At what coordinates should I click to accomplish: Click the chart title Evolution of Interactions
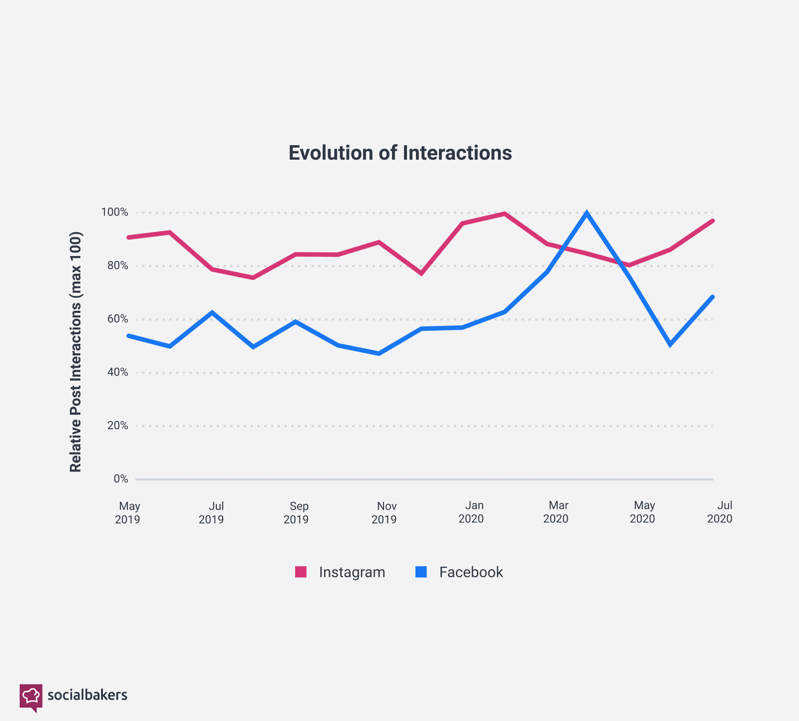coord(400,153)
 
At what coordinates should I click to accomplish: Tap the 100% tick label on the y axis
coord(114,213)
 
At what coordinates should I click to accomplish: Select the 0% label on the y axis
coord(120,479)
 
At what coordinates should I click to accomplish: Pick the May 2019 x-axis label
coord(128,512)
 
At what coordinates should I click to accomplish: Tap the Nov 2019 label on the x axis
coord(384,512)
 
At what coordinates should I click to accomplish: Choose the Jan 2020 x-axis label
coord(471,512)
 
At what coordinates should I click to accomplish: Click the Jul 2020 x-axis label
coord(720,512)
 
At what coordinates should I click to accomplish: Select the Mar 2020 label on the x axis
coord(556,512)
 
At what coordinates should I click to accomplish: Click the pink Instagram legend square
coord(301,572)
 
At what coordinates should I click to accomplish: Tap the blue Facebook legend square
coord(421,572)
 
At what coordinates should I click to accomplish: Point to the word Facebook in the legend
coord(471,572)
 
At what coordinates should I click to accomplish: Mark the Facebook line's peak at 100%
coord(587,213)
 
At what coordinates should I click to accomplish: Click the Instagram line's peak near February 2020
coord(505,214)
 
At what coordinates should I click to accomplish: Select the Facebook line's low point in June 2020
coord(670,345)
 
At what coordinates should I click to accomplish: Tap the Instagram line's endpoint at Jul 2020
coord(713,221)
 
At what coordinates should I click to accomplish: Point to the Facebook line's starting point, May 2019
coord(129,336)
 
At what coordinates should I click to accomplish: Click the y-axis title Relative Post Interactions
coord(75,352)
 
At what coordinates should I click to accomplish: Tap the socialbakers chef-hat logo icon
coord(31,696)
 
